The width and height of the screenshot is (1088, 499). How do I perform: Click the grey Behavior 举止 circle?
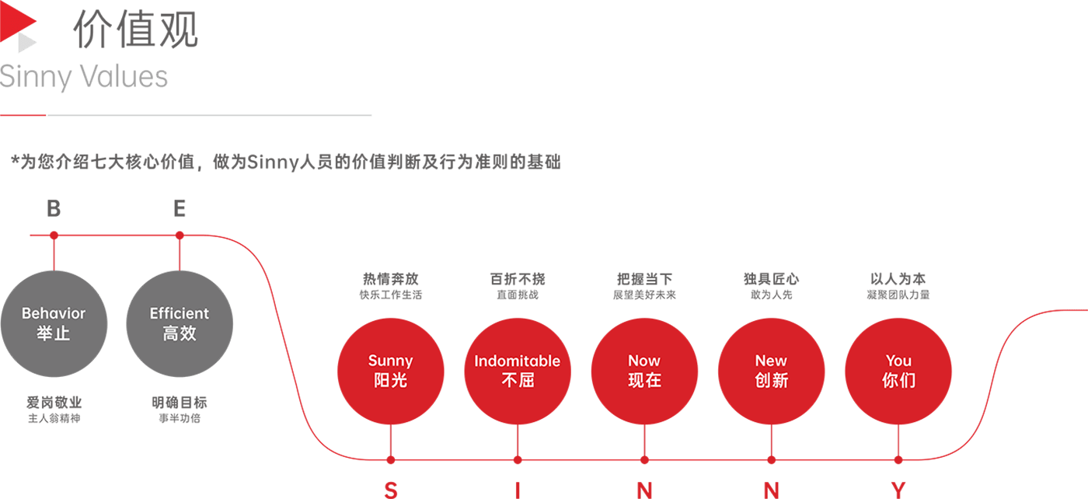point(54,323)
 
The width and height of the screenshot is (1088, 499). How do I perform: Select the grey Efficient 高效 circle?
point(180,323)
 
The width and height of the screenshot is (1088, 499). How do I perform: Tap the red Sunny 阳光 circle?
point(390,372)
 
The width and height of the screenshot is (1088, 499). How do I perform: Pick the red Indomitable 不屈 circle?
point(518,372)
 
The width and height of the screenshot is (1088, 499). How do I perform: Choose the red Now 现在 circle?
point(644,372)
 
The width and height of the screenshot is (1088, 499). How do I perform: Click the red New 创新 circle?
point(771,372)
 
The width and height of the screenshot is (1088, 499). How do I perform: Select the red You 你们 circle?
point(898,372)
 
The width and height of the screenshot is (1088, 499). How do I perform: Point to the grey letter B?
point(54,208)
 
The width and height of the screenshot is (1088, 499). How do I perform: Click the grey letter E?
point(180,208)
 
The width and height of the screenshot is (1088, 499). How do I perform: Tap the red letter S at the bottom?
point(391,490)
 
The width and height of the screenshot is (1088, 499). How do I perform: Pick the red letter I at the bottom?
point(518,490)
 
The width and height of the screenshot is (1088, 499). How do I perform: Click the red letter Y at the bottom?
point(898,490)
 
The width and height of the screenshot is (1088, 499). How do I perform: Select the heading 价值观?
point(135,30)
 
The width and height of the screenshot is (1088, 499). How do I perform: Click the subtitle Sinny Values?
point(84,77)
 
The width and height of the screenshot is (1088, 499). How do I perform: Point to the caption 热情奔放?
point(390,279)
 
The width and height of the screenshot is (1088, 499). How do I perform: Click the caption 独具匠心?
point(771,279)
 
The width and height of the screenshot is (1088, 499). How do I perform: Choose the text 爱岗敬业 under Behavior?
point(54,403)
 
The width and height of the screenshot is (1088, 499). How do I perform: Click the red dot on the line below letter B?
point(54,236)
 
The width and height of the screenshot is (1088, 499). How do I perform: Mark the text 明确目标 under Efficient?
point(180,403)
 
